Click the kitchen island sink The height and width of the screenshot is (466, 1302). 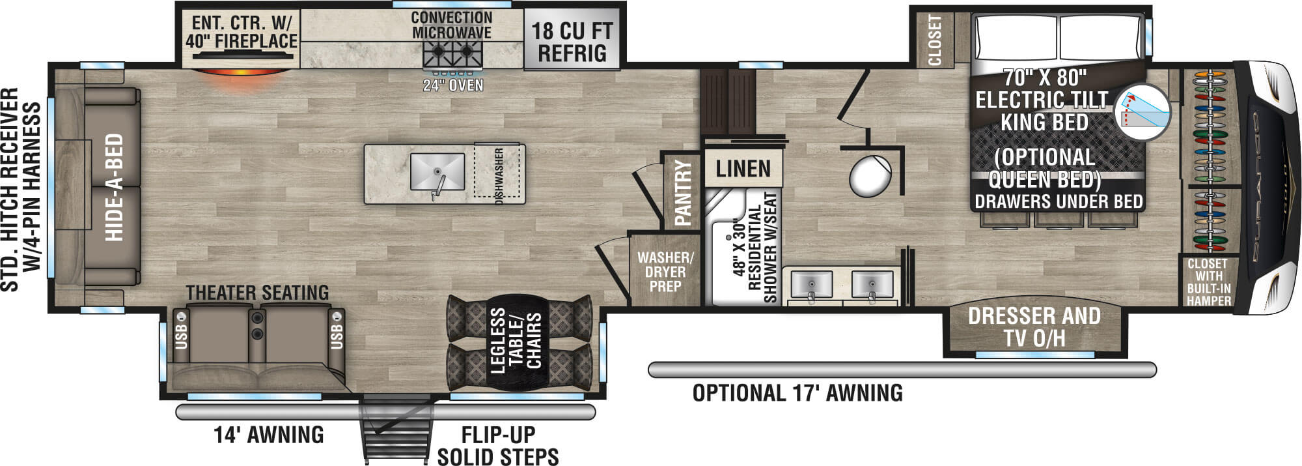(437, 172)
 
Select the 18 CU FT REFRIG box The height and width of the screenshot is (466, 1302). (572, 38)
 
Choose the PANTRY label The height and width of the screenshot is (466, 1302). (683, 193)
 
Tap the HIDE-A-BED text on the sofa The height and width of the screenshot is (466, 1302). (114, 188)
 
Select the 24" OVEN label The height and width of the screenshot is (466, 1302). (453, 85)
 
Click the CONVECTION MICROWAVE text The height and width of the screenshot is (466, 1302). (452, 25)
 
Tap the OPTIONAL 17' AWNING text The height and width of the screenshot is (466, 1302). (797, 393)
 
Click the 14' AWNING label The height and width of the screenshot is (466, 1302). (269, 435)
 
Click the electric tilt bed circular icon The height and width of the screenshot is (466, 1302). (1143, 113)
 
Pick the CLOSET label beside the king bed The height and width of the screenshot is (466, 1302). (935, 40)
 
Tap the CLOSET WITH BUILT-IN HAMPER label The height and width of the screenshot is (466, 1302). (1208, 282)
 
